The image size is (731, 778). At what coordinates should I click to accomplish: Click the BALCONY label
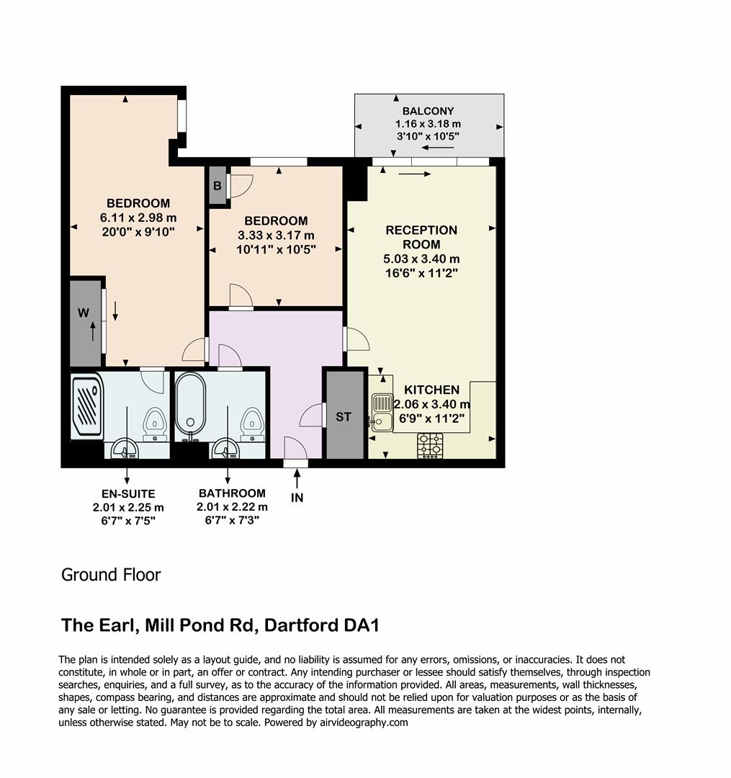tap(428, 111)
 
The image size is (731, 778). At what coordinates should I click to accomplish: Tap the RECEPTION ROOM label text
tap(421, 237)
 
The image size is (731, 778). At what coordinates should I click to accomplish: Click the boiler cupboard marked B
tap(216, 184)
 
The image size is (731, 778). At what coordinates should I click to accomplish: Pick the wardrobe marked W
tap(84, 313)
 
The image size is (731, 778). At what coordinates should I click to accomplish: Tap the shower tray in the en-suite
tap(86, 406)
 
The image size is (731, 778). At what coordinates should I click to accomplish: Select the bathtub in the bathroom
tap(191, 406)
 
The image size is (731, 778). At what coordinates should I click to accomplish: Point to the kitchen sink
tap(381, 411)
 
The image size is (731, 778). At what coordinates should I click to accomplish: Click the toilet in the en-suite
tap(154, 424)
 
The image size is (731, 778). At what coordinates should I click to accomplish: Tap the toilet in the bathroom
tap(251, 424)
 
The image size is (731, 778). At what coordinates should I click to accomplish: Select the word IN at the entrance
tap(297, 498)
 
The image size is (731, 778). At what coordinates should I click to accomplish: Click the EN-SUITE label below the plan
tap(127, 493)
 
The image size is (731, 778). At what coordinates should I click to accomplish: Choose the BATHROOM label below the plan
tap(232, 493)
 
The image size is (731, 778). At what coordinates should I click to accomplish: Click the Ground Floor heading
tap(111, 575)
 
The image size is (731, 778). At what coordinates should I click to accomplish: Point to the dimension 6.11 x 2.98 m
tap(138, 217)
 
